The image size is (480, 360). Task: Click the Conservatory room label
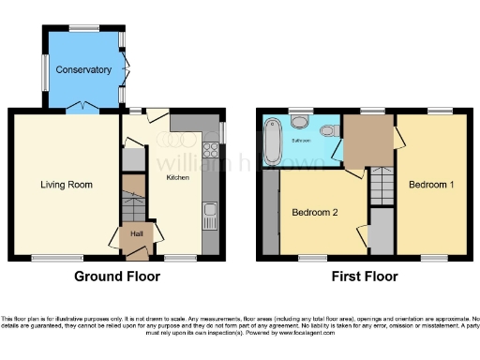click(83, 70)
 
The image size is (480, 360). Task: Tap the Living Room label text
click(67, 185)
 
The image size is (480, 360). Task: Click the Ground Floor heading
click(117, 277)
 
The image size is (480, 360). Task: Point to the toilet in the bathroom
click(299, 123)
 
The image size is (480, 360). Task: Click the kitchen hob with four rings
click(212, 157)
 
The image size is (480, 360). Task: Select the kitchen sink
click(211, 215)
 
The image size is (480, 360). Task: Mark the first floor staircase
click(381, 185)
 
